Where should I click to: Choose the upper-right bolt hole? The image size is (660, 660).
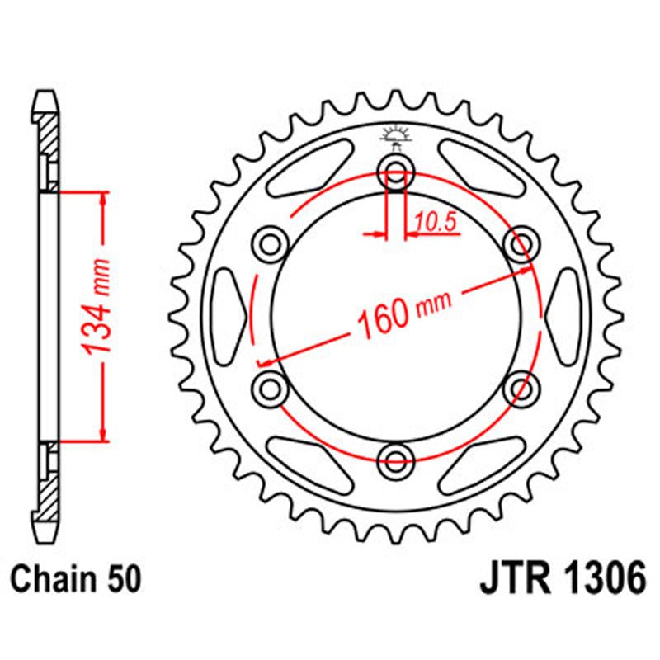pos(520,243)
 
